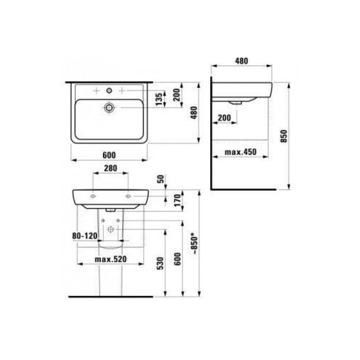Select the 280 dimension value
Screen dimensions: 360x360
(x=110, y=168)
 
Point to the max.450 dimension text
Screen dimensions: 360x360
(x=241, y=152)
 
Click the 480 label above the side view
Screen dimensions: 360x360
(x=241, y=61)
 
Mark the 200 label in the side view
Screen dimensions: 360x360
(x=224, y=118)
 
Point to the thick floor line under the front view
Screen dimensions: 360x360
(x=111, y=297)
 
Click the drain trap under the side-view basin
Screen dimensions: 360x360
(x=237, y=102)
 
